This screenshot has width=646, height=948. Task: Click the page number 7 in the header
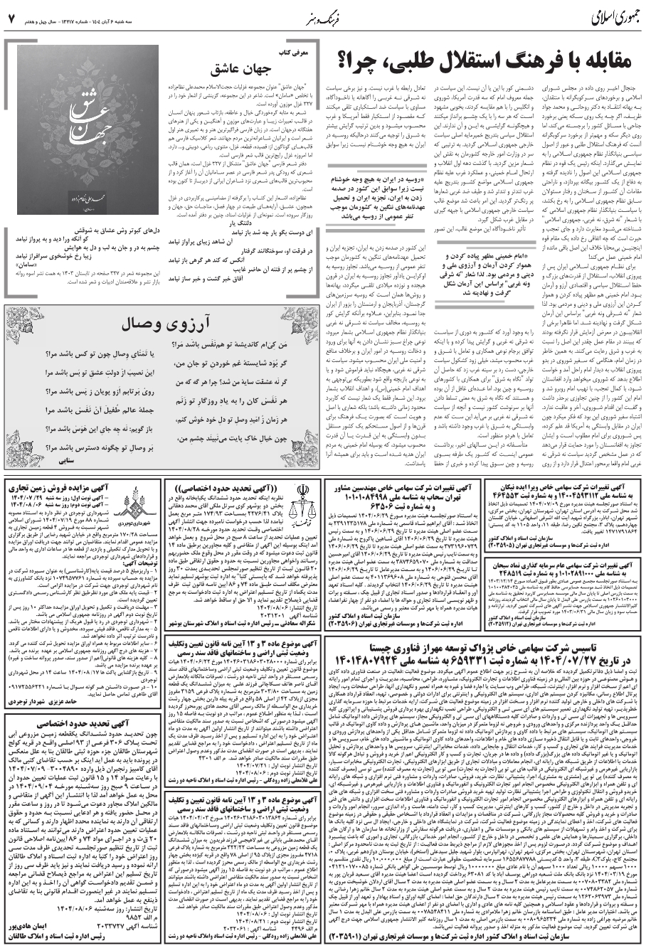click(11, 16)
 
